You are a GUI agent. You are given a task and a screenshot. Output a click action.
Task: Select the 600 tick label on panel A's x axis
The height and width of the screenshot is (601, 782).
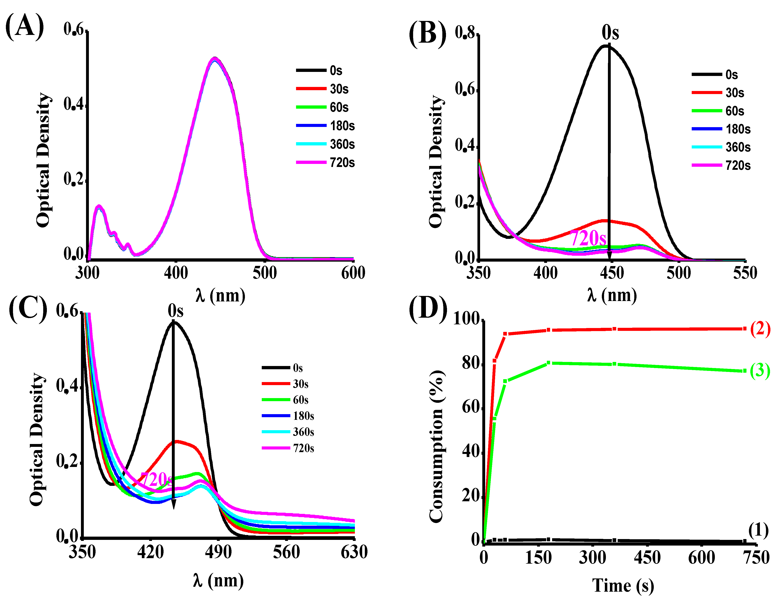pos(353,273)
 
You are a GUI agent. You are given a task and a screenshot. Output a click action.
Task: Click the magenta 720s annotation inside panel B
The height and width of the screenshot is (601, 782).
pos(588,238)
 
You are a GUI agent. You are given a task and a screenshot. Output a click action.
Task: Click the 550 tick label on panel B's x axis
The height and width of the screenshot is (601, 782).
pos(745,273)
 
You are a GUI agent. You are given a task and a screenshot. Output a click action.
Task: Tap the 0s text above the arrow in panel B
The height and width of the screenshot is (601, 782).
pos(610,33)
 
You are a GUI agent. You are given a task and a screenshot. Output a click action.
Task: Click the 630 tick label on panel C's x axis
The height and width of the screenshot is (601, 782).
pos(354,552)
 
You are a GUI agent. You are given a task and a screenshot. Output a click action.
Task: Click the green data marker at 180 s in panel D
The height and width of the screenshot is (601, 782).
pos(549,363)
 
